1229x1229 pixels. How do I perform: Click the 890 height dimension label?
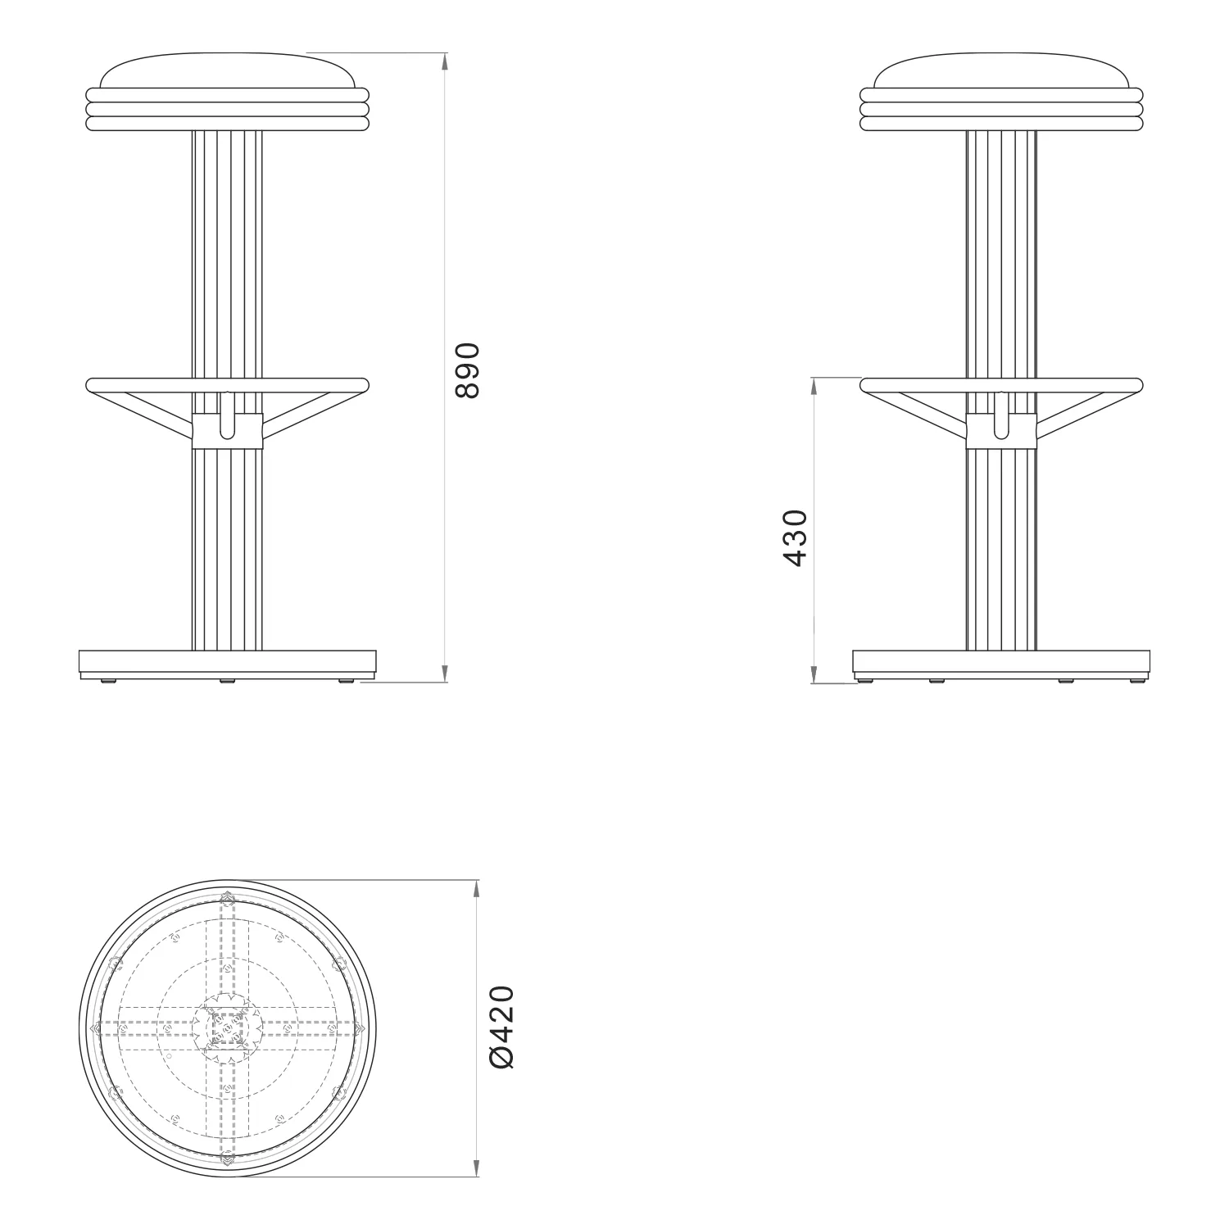467,370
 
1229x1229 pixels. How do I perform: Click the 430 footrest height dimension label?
796,538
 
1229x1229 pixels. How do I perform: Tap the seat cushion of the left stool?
228,70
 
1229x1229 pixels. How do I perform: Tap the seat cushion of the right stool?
1001,70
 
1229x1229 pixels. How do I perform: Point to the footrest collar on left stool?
228,432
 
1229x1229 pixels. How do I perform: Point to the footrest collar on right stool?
1001,432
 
